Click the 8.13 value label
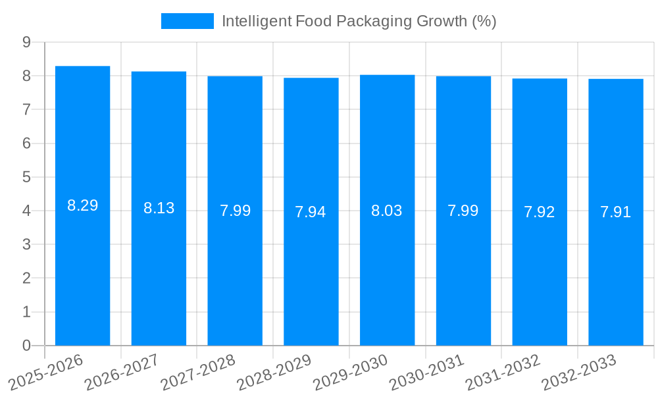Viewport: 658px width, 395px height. coord(159,208)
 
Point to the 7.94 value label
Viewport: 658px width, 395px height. coord(311,212)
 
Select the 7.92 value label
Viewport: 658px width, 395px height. coord(540,212)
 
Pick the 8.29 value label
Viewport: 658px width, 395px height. coord(82,205)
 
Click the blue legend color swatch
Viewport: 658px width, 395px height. coord(188,21)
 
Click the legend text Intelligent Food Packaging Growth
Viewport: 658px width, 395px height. coord(359,21)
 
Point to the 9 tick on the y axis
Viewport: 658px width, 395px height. coord(26,42)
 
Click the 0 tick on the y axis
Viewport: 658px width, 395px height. coord(26,346)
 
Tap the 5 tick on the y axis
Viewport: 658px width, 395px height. coord(26,177)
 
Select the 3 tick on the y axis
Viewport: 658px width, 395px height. coord(26,244)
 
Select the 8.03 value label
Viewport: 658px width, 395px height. coord(387,211)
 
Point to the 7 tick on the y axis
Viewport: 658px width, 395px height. coord(26,109)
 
